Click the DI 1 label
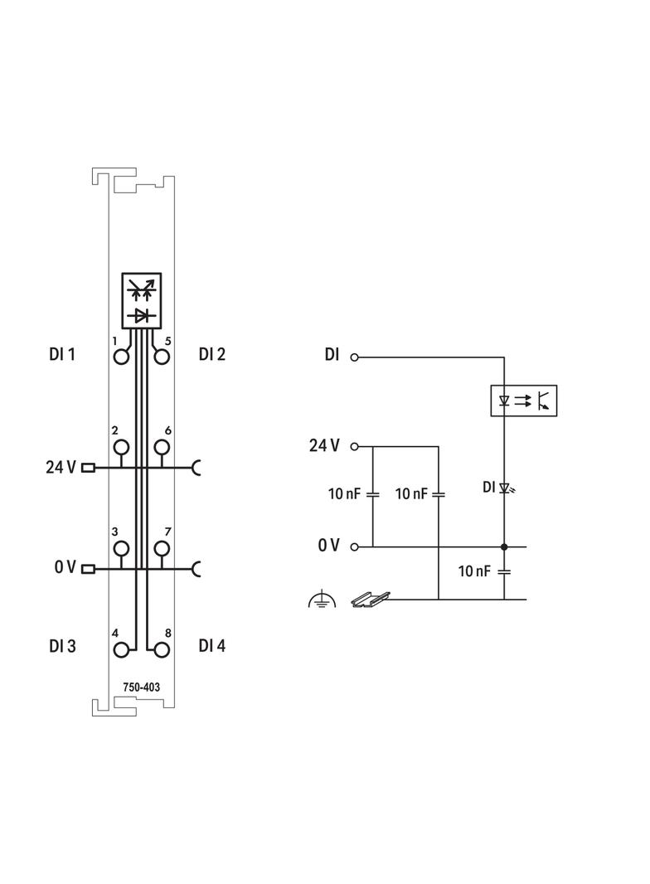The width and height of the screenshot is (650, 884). pyautogui.click(x=62, y=355)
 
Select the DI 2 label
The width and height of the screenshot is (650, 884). pyautogui.click(x=212, y=354)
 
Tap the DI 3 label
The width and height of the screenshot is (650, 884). pyautogui.click(x=62, y=646)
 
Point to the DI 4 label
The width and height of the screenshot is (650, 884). pyautogui.click(x=212, y=645)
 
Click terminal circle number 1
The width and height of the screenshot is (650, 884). pyautogui.click(x=122, y=357)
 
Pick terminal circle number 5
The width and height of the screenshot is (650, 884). pyautogui.click(x=162, y=357)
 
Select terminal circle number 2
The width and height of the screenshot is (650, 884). pyautogui.click(x=122, y=449)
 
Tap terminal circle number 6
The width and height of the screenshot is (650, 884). pyautogui.click(x=162, y=449)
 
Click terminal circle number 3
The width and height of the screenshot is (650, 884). pyautogui.click(x=122, y=548)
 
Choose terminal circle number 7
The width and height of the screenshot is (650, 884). pyautogui.click(x=162, y=548)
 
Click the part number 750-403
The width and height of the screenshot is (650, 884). pyautogui.click(x=142, y=687)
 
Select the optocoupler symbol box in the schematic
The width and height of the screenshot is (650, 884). pyautogui.click(x=524, y=401)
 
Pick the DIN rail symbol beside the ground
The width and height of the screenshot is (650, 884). pyautogui.click(x=370, y=599)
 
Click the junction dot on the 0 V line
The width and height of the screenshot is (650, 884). pyautogui.click(x=504, y=547)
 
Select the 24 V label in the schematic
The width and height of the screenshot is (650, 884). pyautogui.click(x=324, y=446)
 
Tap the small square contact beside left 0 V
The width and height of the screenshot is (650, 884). pyautogui.click(x=89, y=568)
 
